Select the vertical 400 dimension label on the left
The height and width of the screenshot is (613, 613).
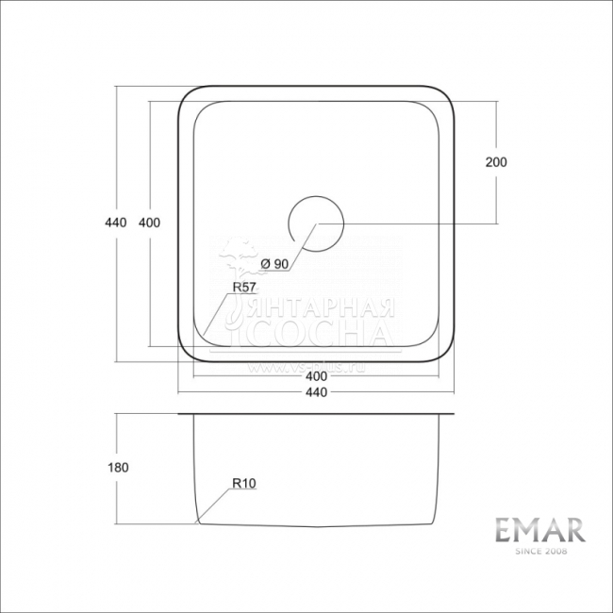point(149,223)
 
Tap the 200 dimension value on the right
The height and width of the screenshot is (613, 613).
point(496,162)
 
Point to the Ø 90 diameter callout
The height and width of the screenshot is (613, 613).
point(273,263)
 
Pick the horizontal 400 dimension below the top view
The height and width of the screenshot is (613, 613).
point(316,377)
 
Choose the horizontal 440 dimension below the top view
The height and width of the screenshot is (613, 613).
point(316,393)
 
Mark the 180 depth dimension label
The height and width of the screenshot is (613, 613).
point(118,467)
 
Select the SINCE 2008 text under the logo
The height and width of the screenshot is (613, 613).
point(540,551)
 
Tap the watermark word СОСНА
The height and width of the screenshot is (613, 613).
point(321,335)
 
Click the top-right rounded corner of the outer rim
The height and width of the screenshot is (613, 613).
point(448,98)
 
